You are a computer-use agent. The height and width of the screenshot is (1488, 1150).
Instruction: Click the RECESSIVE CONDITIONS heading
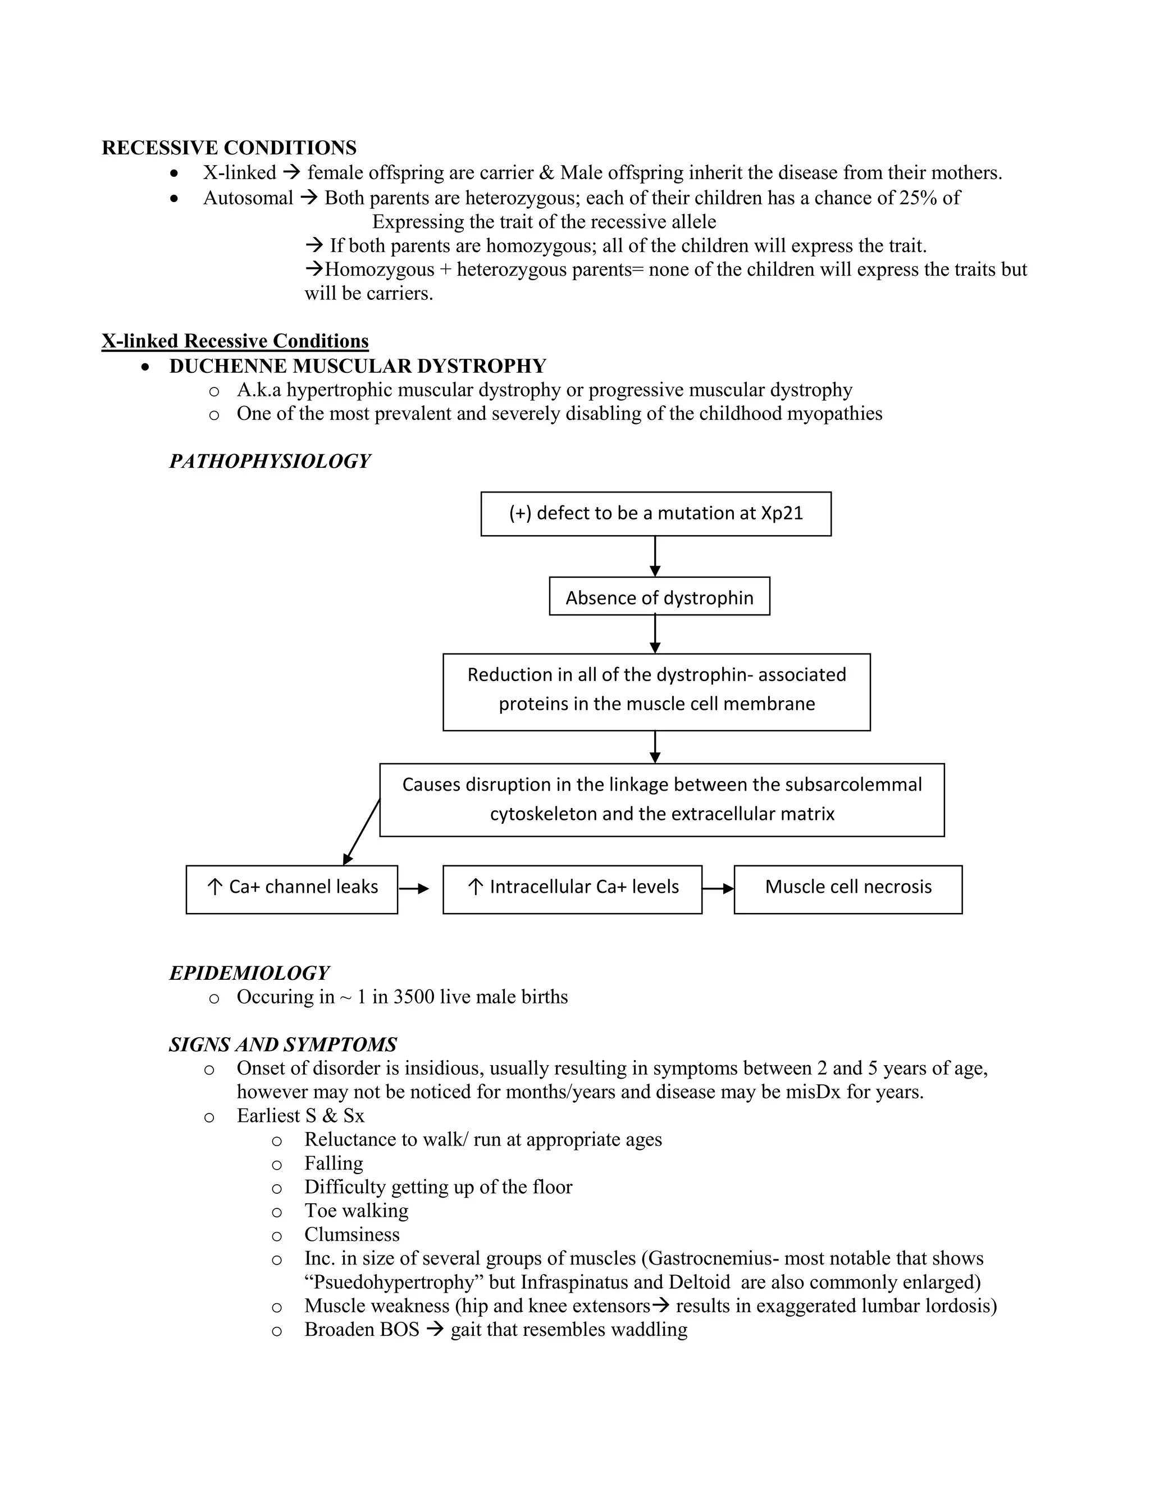tap(229, 148)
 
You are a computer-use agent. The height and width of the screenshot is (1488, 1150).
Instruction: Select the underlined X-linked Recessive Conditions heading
tap(235, 341)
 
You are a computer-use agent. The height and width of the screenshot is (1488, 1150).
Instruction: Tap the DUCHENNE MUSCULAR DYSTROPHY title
tap(358, 366)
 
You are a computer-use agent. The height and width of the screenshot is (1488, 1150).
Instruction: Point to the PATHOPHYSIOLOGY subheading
tap(270, 461)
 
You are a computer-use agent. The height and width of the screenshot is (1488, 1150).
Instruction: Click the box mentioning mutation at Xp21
tap(655, 514)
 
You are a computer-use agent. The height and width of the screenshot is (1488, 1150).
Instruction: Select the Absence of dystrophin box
tap(659, 597)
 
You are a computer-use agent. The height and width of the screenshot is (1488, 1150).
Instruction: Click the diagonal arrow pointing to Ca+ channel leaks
tap(362, 831)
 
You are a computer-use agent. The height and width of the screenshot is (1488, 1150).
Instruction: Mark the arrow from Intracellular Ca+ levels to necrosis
tap(718, 888)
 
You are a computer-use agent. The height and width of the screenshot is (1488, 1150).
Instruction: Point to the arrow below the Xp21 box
tap(655, 556)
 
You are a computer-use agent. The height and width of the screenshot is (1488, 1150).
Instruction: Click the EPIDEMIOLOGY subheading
tap(249, 973)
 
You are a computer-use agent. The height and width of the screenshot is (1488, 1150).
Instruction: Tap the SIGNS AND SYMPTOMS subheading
tap(283, 1044)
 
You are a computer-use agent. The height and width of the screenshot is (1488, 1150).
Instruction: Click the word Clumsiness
tap(352, 1235)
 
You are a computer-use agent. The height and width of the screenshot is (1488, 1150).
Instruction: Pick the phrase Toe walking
tap(357, 1211)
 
